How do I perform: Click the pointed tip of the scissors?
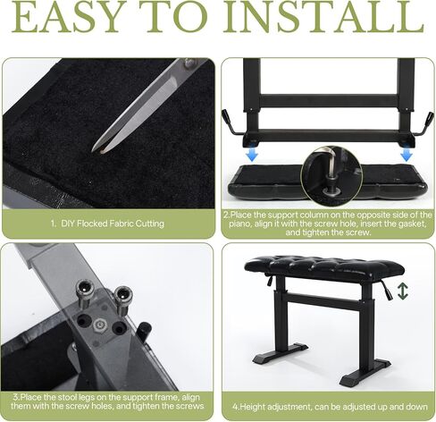tap(93, 151)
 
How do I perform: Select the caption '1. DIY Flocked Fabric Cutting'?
tap(107, 224)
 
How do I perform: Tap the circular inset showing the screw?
tap(331, 176)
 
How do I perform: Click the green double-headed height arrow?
tap(403, 291)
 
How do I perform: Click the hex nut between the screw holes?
tap(99, 325)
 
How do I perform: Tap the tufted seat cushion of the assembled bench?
tap(324, 267)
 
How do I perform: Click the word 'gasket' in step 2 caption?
tap(413, 224)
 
